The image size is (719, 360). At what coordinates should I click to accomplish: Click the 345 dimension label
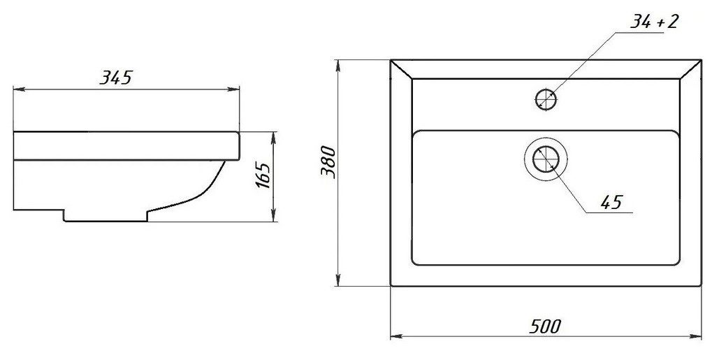[x=116, y=78]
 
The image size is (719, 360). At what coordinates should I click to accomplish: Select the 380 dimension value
[x=328, y=162]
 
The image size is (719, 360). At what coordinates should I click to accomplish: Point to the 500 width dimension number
[x=545, y=326]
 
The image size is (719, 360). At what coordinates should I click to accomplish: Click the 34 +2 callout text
[x=653, y=22]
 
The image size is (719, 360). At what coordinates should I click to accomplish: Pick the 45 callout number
[x=611, y=202]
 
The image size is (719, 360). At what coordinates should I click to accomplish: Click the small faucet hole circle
[x=546, y=99]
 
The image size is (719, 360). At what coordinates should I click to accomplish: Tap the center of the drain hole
[x=546, y=159]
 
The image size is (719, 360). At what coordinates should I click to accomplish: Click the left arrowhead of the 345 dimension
[x=17, y=89]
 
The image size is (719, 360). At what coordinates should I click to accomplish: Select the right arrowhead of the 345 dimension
[x=235, y=89]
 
